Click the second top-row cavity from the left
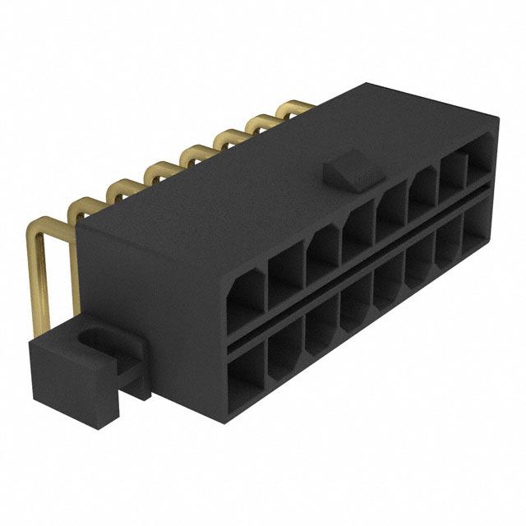click(x=286, y=272)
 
